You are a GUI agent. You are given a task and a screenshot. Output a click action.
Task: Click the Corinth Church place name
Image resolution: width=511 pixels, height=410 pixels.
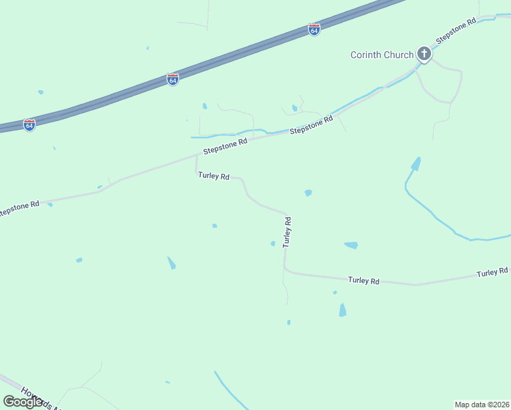(x=382, y=55)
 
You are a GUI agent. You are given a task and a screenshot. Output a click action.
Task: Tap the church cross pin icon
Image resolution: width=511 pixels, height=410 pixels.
(x=424, y=53)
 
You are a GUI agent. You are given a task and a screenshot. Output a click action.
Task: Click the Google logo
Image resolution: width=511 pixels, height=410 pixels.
(x=23, y=402)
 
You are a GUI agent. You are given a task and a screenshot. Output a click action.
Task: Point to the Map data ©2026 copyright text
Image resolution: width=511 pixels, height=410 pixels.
(x=482, y=404)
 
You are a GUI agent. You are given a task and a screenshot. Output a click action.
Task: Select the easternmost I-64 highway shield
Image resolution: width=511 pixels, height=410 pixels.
(x=314, y=30)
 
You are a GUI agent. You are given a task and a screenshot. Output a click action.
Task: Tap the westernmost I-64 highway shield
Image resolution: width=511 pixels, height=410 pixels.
(x=29, y=125)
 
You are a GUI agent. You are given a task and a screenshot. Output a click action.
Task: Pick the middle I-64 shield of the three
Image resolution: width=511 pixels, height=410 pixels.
(x=173, y=79)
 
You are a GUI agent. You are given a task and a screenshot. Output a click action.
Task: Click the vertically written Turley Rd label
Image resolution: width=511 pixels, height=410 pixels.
(x=288, y=232)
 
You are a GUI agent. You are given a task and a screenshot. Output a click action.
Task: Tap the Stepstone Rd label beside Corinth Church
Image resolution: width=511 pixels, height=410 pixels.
(x=456, y=32)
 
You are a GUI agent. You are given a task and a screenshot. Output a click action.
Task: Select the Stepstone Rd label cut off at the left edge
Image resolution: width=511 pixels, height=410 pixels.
(x=20, y=208)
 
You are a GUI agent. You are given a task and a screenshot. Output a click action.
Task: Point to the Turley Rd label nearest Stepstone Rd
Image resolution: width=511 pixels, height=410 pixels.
(x=213, y=176)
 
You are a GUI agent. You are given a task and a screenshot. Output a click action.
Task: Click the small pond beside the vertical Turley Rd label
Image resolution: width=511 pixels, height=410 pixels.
(x=273, y=243)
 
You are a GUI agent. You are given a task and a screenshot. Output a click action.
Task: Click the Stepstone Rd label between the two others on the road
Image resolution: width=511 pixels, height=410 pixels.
(x=311, y=124)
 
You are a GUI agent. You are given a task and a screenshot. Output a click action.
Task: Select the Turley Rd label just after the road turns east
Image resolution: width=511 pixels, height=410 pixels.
(x=363, y=280)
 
